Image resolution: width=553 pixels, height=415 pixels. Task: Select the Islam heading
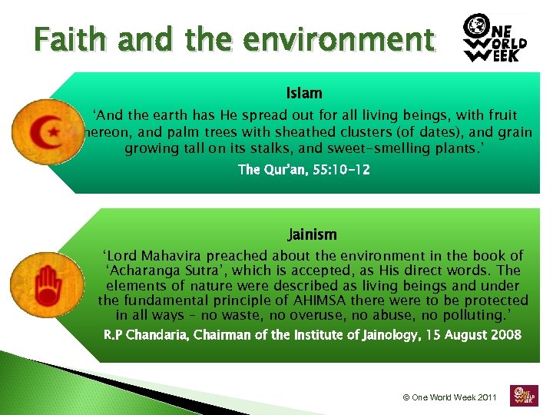304,93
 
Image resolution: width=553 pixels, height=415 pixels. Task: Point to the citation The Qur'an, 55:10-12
304,170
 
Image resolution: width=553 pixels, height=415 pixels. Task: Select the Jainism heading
312,234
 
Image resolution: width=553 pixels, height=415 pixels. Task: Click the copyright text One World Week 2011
450,397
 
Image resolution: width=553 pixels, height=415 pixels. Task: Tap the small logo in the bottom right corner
525,396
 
